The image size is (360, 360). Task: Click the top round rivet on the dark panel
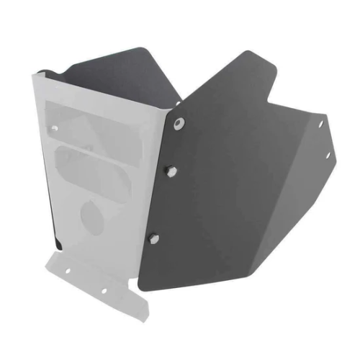(178, 123)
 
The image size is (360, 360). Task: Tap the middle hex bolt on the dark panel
(171, 171)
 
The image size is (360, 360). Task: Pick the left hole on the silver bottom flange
(69, 271)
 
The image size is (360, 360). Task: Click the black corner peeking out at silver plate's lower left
(58, 244)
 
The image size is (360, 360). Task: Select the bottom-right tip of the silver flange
(145, 318)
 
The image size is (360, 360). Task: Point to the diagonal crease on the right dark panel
(238, 194)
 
